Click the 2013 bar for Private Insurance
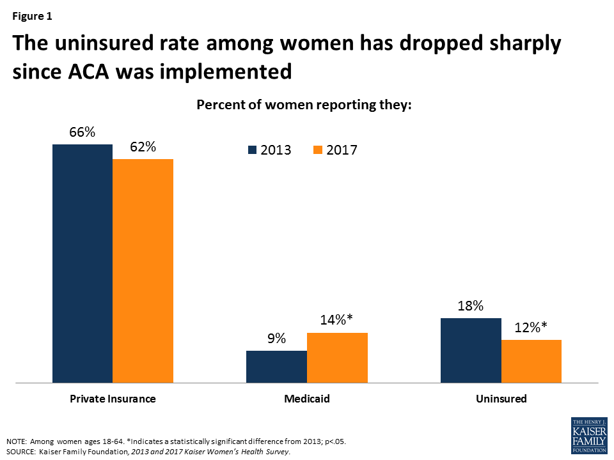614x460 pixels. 83,263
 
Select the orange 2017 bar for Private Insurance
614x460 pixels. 143,271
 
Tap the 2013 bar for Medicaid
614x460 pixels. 276,367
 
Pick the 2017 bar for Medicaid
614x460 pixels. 337,358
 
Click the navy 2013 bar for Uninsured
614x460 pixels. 471,350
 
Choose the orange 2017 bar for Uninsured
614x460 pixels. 531,361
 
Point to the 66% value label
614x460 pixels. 83,132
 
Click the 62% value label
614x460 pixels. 143,146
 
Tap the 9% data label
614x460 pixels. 277,338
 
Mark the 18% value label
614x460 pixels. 471,305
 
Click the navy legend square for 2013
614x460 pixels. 252,150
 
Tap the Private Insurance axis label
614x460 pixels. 113,399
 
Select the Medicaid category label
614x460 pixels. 307,399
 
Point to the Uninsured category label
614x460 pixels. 501,399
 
